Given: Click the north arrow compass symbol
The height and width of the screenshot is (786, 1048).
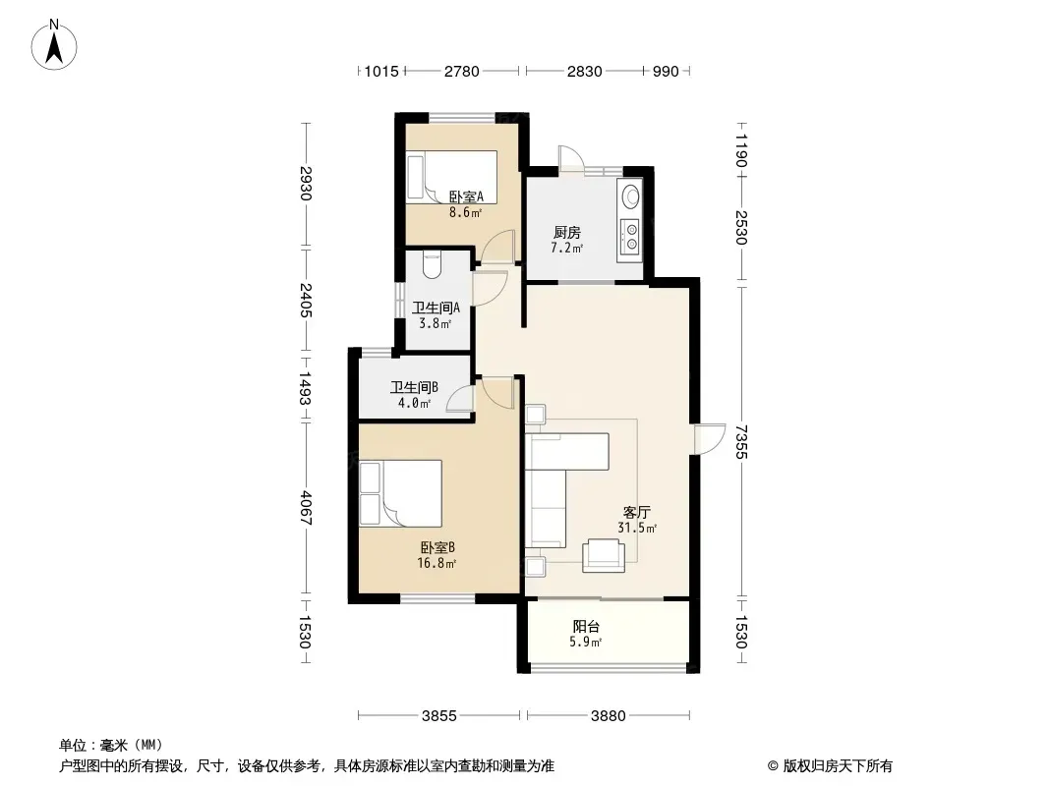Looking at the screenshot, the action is pyautogui.click(x=54, y=45).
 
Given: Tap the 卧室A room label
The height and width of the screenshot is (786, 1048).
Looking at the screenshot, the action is pyautogui.click(x=465, y=197).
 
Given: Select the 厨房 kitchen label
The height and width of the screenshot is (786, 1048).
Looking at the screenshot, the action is pyautogui.click(x=567, y=233).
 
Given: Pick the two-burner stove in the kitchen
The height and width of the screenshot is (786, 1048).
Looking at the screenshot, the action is pyautogui.click(x=629, y=238).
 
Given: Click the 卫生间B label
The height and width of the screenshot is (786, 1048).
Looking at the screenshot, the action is pyautogui.click(x=415, y=387).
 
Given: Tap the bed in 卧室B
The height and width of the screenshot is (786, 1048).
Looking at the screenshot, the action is pyautogui.click(x=400, y=493).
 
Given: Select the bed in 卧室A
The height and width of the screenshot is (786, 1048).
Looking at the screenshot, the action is pyautogui.click(x=452, y=175).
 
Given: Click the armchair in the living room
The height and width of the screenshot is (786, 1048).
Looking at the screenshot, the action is pyautogui.click(x=604, y=556).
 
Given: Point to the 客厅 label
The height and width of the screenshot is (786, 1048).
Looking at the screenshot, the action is pyautogui.click(x=636, y=512).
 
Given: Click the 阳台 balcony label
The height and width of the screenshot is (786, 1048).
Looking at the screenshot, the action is pyautogui.click(x=586, y=627).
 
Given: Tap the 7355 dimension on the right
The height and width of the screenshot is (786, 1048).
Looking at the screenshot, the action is pyautogui.click(x=740, y=442).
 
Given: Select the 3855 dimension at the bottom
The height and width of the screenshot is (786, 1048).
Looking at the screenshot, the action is pyautogui.click(x=439, y=716).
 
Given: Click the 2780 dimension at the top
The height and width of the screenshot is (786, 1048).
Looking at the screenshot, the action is pyautogui.click(x=462, y=71).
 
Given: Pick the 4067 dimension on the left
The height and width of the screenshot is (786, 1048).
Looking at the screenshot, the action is pyautogui.click(x=306, y=508).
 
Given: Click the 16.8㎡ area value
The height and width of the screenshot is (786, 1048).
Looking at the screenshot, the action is pyautogui.click(x=437, y=563).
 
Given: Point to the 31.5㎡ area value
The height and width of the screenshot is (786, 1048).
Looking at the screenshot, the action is pyautogui.click(x=637, y=528).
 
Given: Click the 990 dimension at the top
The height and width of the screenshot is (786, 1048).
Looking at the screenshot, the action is pyautogui.click(x=666, y=71).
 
